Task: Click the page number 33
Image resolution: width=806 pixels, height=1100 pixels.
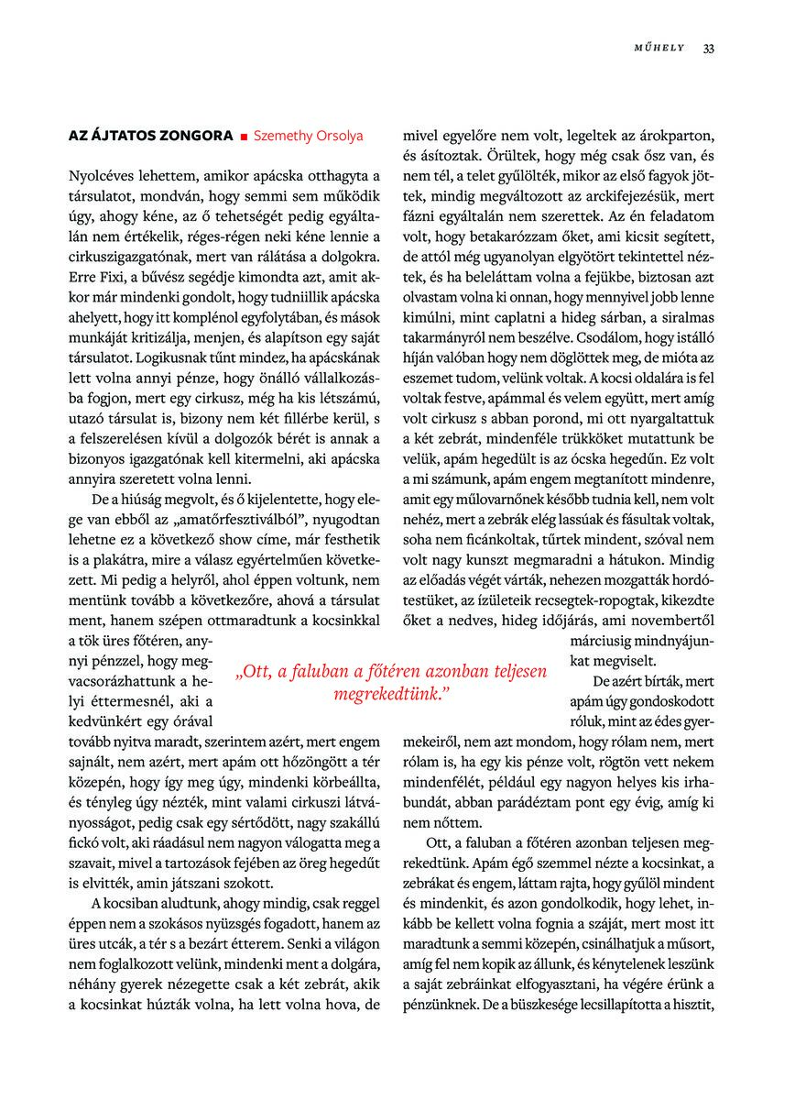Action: coord(708,49)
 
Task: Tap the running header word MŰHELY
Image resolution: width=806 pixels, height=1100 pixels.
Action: coord(660,49)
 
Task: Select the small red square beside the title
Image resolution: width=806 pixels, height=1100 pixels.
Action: coord(244,137)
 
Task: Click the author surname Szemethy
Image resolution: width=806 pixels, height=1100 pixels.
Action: coord(284,136)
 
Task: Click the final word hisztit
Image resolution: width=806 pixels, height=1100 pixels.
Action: coord(692,1005)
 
